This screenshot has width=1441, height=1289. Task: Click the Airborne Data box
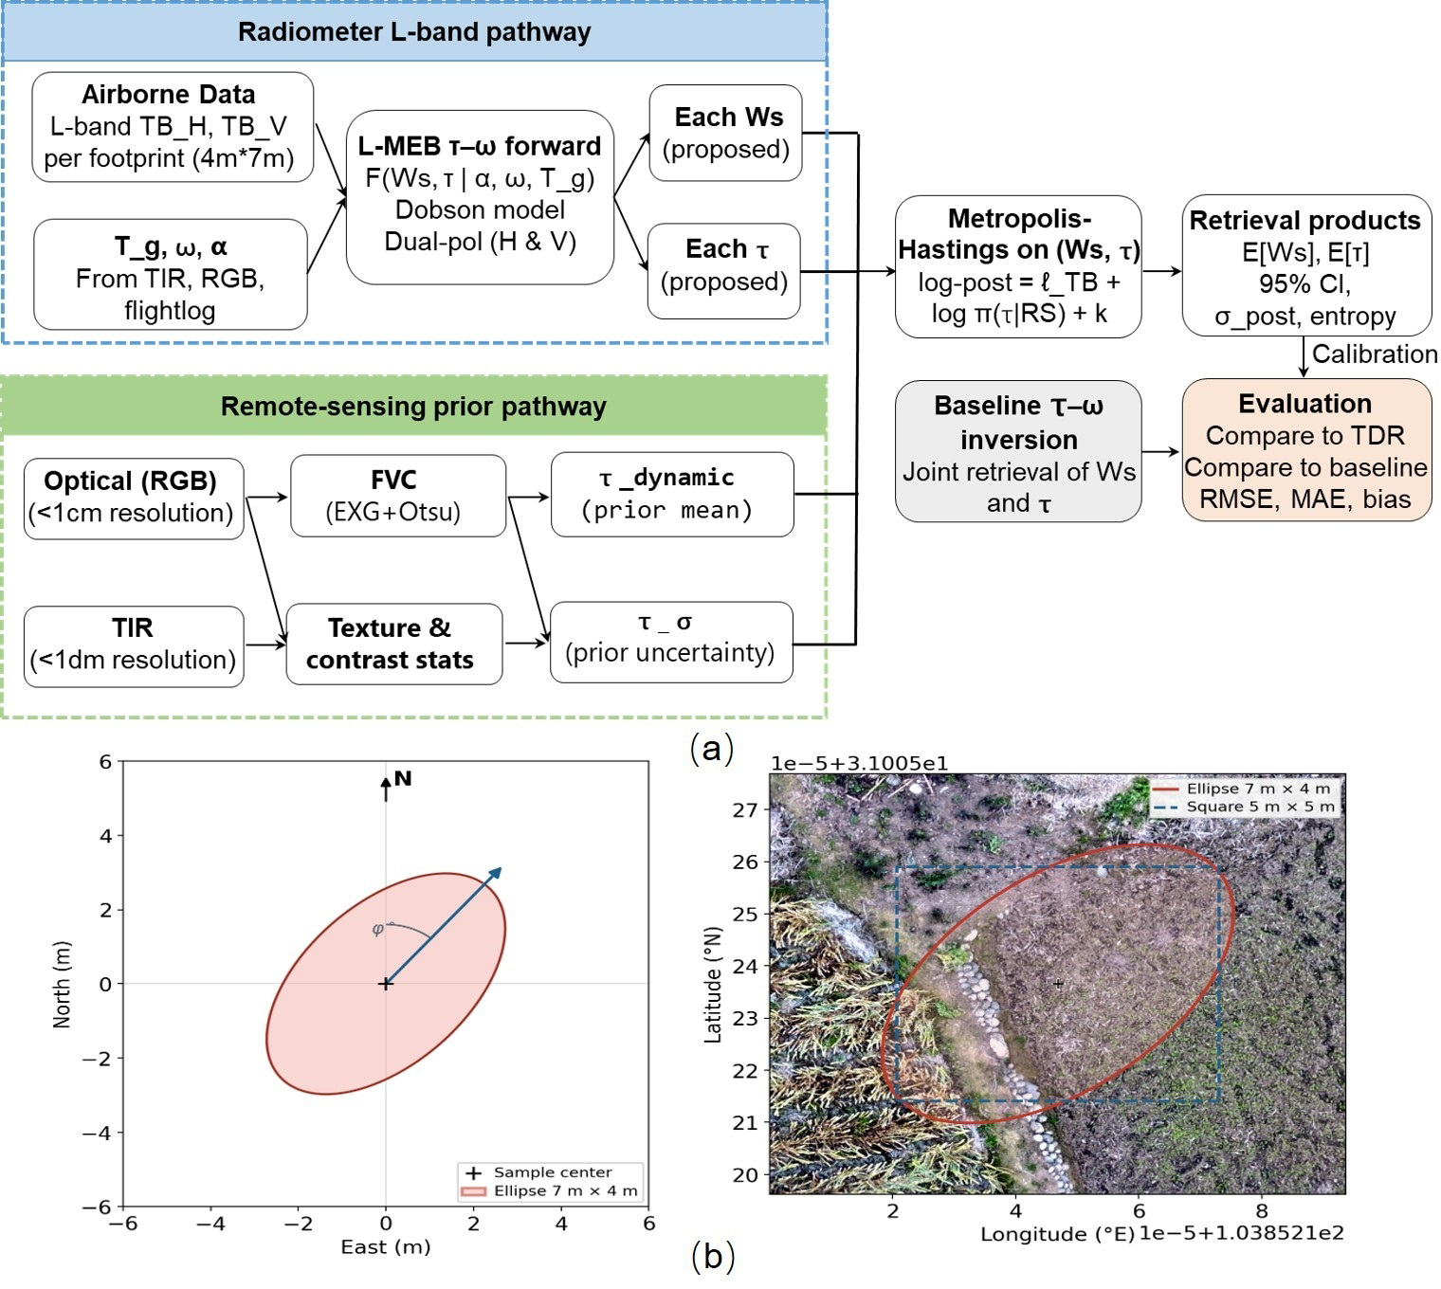[173, 127]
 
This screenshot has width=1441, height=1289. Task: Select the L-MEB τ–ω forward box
[480, 197]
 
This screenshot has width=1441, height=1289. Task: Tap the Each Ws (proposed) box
[725, 133]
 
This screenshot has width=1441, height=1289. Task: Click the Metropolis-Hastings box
[1018, 266]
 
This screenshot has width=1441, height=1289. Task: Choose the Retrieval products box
[1305, 266]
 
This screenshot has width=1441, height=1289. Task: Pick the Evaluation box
[1305, 450]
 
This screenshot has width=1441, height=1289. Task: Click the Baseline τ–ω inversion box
[1018, 451]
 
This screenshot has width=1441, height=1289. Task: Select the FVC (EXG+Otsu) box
[397, 496]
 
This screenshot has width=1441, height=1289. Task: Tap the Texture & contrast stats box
[394, 644]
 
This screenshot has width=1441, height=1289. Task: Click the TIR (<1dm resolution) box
[134, 646]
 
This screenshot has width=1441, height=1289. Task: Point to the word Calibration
[1374, 354]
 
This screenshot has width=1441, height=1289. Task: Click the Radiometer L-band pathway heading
[414, 32]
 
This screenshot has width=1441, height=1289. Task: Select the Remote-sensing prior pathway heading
[413, 406]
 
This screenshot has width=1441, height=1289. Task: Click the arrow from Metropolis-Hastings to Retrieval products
[1162, 271]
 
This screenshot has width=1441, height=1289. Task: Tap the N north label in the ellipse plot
[403, 778]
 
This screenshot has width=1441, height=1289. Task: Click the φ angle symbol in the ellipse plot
[377, 929]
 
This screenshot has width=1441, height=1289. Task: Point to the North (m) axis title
[62, 985]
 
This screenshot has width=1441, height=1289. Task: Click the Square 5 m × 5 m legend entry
[1246, 807]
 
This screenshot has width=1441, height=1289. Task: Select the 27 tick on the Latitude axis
[745, 809]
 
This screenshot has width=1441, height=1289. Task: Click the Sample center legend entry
[538, 1172]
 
